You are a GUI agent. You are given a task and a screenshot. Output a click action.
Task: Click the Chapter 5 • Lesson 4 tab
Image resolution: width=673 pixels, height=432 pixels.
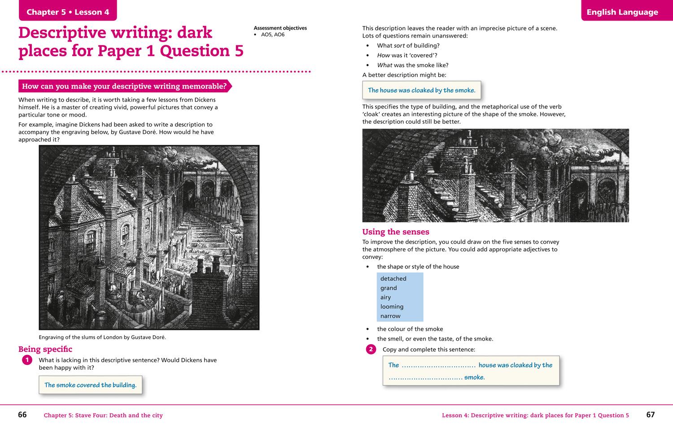click(68, 12)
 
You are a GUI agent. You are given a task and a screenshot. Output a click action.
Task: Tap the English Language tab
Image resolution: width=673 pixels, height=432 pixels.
click(622, 12)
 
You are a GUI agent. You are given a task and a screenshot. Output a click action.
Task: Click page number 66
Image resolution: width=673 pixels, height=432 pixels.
click(22, 415)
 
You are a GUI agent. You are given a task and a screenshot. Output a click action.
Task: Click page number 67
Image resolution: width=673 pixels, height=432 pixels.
click(650, 415)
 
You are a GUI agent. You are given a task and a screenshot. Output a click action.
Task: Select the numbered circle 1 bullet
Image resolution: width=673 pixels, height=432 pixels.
click(27, 360)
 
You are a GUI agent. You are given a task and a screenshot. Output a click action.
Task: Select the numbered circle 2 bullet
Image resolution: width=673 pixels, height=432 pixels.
click(371, 350)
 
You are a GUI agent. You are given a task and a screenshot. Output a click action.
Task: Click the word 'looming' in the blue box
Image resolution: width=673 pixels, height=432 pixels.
click(392, 307)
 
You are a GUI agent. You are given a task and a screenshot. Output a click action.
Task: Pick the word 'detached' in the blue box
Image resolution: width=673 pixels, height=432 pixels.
click(393, 278)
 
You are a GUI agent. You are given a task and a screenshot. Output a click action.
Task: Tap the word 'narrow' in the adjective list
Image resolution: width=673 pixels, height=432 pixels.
click(390, 316)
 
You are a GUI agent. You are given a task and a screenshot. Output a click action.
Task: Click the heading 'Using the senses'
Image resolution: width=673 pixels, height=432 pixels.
click(396, 232)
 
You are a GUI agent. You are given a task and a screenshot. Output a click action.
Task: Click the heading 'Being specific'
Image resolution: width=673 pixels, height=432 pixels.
click(45, 349)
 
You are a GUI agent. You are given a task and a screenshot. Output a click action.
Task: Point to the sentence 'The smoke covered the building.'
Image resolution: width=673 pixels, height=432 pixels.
click(90, 385)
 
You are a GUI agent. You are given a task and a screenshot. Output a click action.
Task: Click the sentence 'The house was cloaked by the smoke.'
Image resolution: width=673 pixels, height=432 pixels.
click(421, 90)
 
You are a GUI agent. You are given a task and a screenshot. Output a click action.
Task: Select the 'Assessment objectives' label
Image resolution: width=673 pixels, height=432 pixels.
click(280, 28)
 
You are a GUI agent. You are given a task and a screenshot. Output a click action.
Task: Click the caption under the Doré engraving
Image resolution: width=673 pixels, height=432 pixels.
click(102, 337)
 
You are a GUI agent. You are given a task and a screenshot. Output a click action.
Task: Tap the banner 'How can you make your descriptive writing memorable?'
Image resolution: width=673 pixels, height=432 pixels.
click(124, 86)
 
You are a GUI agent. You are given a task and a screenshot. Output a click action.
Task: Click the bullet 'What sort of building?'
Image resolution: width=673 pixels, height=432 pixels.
click(408, 45)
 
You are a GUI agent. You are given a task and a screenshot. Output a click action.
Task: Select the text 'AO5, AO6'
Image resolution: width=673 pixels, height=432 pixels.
click(272, 35)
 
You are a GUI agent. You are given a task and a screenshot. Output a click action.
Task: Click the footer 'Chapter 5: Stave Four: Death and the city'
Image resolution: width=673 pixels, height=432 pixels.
click(103, 415)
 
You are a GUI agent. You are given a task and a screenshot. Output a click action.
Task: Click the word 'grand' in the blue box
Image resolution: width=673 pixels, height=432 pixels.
click(389, 288)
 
